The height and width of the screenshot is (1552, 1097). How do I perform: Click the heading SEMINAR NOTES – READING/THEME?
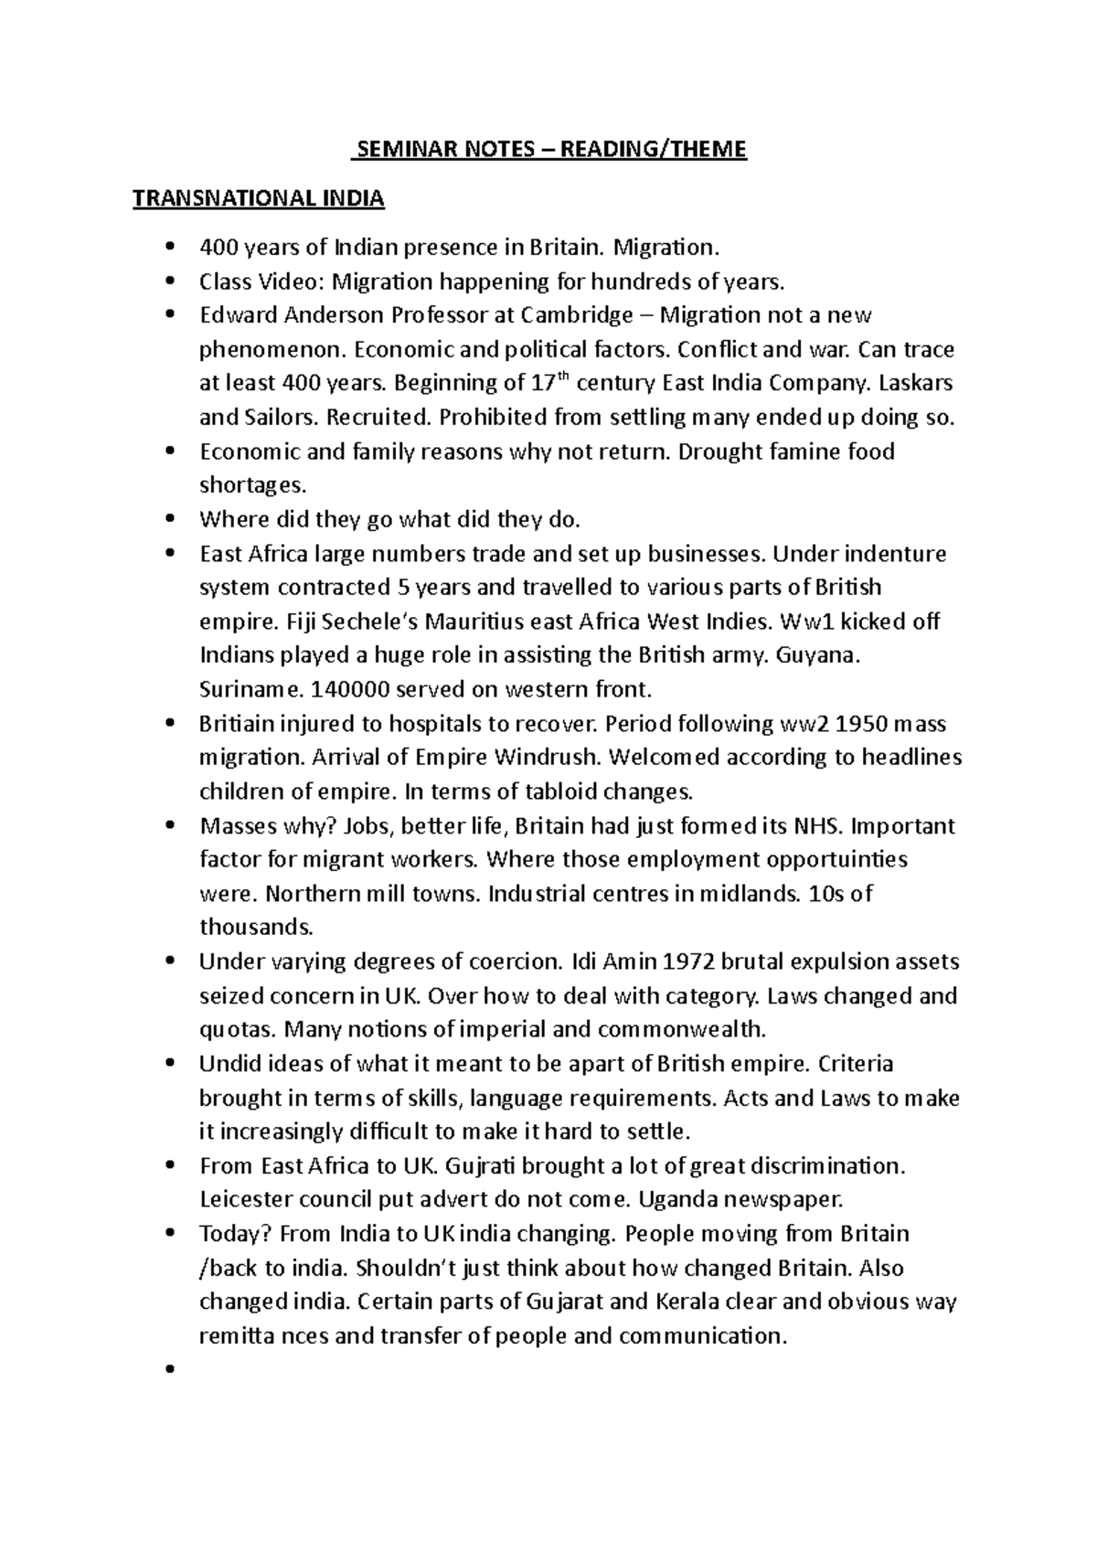[x=548, y=149]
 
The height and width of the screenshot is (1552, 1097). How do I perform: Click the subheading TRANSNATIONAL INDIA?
[x=259, y=199]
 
